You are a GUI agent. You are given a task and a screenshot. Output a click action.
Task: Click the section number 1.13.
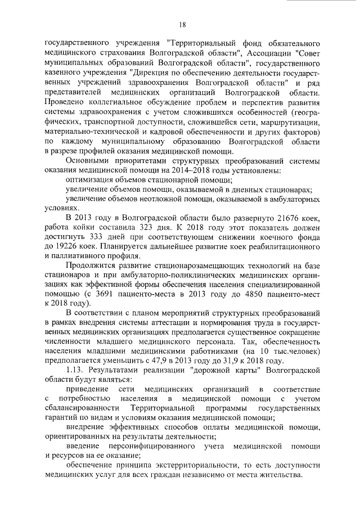(76, 371)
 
